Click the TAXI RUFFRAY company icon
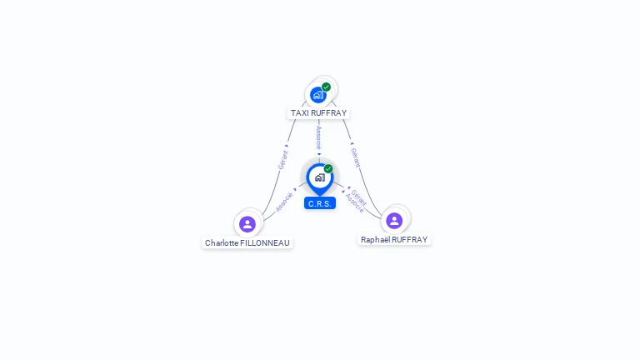pyautogui.click(x=317, y=95)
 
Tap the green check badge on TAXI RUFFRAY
pyautogui.click(x=327, y=87)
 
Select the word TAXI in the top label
pyautogui.click(x=300, y=113)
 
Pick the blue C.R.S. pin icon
pyautogui.click(x=319, y=177)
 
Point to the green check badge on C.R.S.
pyautogui.click(x=328, y=169)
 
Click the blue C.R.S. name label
pyautogui.click(x=320, y=203)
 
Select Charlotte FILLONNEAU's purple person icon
pyautogui.click(x=247, y=223)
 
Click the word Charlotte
pyautogui.click(x=222, y=243)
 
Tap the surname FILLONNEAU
pyautogui.click(x=267, y=243)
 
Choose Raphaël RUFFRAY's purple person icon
pyautogui.click(x=394, y=221)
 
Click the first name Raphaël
pyautogui.click(x=375, y=240)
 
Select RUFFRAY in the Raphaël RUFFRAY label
pyautogui.click(x=410, y=240)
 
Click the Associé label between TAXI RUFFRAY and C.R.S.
pyautogui.click(x=319, y=137)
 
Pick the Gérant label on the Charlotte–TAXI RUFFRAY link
pyautogui.click(x=283, y=159)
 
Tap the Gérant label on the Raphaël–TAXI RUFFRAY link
pyautogui.click(x=356, y=157)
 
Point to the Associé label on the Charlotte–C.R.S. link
pyautogui.click(x=284, y=202)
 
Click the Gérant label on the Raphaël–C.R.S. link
pyautogui.click(x=359, y=197)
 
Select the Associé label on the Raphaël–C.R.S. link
pyautogui.click(x=353, y=204)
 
